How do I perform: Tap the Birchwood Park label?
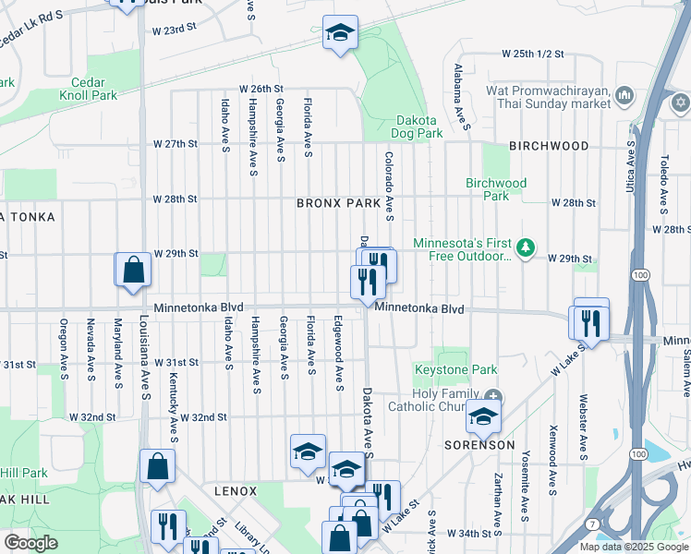(x=496, y=189)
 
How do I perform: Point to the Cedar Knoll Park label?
(x=89, y=89)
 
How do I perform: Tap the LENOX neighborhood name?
(x=235, y=491)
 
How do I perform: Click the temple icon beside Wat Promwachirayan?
(x=624, y=95)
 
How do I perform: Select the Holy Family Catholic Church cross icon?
(x=493, y=397)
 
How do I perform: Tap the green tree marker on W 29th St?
(x=526, y=247)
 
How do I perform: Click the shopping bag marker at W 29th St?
(x=133, y=269)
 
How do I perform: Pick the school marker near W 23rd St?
(x=339, y=33)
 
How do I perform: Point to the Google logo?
(x=30, y=543)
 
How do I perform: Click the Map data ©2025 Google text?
(x=634, y=547)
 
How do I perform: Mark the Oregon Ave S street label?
(x=63, y=340)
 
